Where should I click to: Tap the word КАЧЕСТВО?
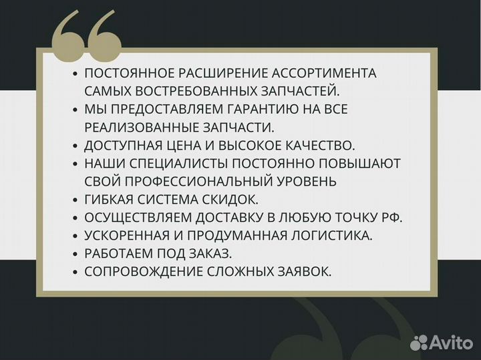[314, 145]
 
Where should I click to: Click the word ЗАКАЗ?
[208, 253]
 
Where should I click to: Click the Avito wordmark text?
[449, 343]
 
